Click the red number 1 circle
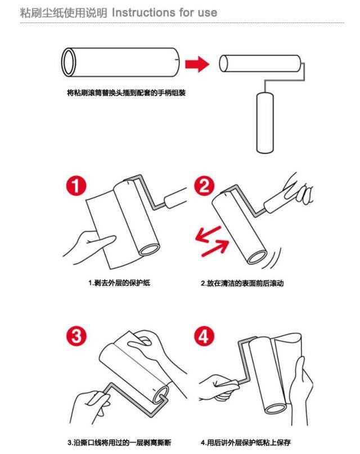76,186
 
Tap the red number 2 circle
204,186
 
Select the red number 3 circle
76,336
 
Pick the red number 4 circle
204,336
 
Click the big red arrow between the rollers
197,64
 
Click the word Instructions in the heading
143,12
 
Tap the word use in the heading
207,13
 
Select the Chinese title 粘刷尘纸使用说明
64,13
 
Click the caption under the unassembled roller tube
126,93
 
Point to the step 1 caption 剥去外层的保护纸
119,282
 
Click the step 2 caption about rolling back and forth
242,283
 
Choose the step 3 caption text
119,442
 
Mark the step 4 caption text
246,442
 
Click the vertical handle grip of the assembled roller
265,123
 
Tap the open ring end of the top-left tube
69,62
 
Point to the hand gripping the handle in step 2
296,190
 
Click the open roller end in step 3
161,394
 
